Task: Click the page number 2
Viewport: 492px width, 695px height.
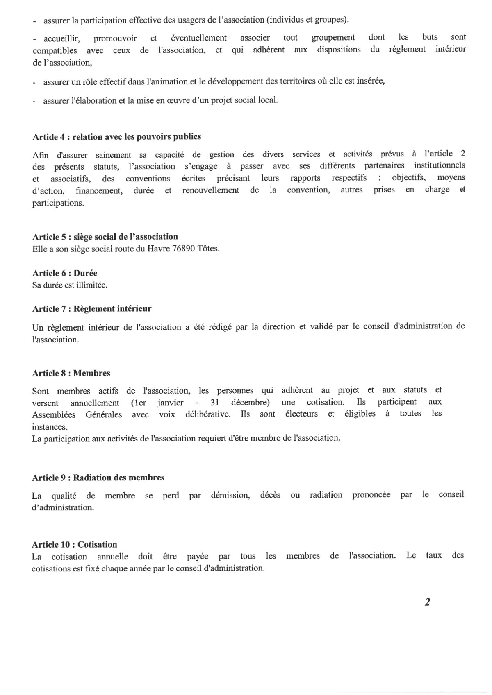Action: [427, 602]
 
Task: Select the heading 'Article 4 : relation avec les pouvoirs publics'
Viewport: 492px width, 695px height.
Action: [116, 137]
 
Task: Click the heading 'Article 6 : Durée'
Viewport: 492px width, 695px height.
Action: [65, 273]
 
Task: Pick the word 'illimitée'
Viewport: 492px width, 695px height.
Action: [92, 285]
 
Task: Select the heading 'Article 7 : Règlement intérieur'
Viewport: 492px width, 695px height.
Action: [92, 309]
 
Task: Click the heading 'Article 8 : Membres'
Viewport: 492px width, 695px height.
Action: [71, 373]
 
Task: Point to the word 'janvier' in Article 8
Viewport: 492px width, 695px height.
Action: [170, 403]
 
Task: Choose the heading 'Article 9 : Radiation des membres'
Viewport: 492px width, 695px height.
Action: [98, 478]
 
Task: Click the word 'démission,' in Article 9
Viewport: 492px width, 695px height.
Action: [230, 495]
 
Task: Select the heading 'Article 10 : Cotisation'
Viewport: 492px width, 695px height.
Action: [75, 544]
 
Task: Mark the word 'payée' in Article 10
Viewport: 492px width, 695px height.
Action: [186, 556]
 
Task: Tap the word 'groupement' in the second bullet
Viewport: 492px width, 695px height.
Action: [333, 38]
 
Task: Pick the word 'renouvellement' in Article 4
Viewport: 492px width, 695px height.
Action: [211, 190]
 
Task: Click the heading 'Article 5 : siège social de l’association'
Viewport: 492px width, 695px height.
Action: [105, 237]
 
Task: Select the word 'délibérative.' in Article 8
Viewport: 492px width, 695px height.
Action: [208, 414]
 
